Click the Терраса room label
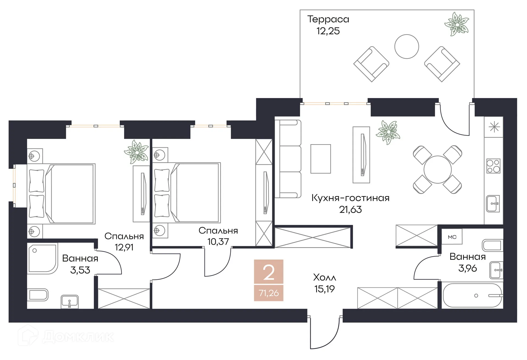click(328, 19)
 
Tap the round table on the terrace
click(407, 46)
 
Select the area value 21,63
click(350, 210)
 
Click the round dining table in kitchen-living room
click(438, 169)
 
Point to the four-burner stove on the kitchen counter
click(493, 166)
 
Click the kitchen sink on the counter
click(493, 204)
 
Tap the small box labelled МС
click(452, 237)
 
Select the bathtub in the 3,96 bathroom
click(472, 295)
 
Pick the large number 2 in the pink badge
click(268, 273)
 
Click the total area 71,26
click(268, 293)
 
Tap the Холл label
click(324, 278)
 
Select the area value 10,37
click(218, 242)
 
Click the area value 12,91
click(124, 247)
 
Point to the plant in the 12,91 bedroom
click(136, 152)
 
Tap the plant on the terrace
click(457, 24)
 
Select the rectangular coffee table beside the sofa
click(320, 159)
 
